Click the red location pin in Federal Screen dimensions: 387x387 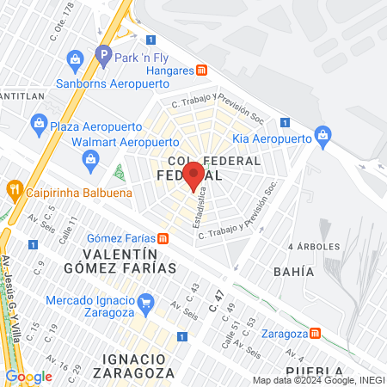click(193, 175)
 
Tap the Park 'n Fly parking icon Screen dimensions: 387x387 click(104, 54)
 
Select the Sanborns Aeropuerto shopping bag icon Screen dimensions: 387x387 click(75, 58)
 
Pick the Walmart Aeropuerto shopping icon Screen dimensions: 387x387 click(90, 158)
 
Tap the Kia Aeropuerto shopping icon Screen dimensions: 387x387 click(322, 135)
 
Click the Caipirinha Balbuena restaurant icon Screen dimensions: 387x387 click(14, 188)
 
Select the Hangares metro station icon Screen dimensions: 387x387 click(201, 71)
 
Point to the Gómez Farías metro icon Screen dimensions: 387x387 click(163, 238)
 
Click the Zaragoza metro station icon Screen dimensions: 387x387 click(316, 334)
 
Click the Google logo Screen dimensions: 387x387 click(28, 376)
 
